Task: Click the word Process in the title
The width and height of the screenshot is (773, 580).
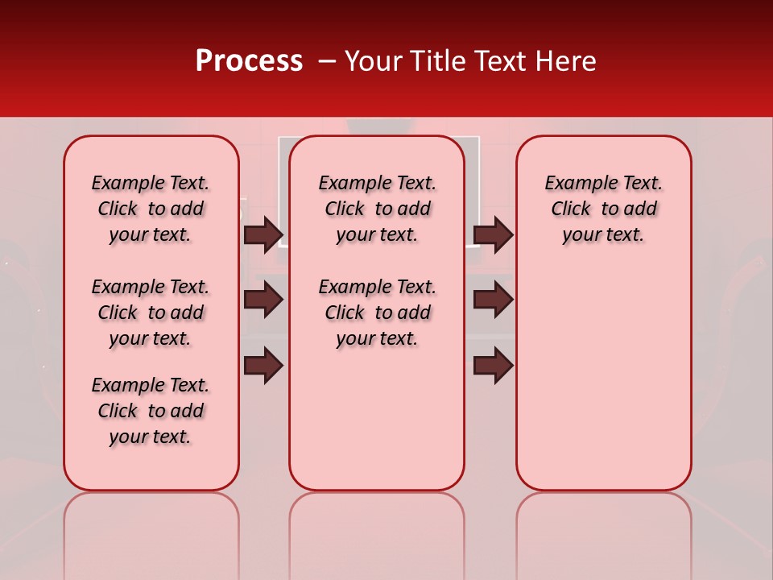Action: click(x=249, y=61)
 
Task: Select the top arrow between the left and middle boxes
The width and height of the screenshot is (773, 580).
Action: click(x=263, y=234)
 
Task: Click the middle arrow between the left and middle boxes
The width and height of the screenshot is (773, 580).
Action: click(x=263, y=300)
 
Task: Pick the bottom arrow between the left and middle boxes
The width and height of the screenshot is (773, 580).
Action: click(x=263, y=365)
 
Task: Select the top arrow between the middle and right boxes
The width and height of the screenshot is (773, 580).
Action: click(x=493, y=234)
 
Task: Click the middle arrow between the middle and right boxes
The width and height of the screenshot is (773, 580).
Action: click(x=493, y=300)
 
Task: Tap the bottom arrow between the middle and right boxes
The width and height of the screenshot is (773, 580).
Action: click(x=493, y=365)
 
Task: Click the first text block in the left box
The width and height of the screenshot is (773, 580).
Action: click(x=151, y=209)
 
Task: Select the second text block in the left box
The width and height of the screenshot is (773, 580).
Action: click(x=151, y=313)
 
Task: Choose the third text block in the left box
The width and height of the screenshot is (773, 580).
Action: click(x=151, y=411)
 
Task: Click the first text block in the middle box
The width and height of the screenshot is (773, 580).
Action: click(x=377, y=209)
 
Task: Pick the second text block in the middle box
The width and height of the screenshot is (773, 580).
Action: click(x=377, y=313)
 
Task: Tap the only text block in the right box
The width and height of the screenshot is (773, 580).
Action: click(x=603, y=209)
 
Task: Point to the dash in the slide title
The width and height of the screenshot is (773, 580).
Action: click(x=327, y=61)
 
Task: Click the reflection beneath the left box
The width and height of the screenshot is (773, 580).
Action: click(x=151, y=532)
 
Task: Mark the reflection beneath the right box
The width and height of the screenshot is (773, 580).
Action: click(x=603, y=532)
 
